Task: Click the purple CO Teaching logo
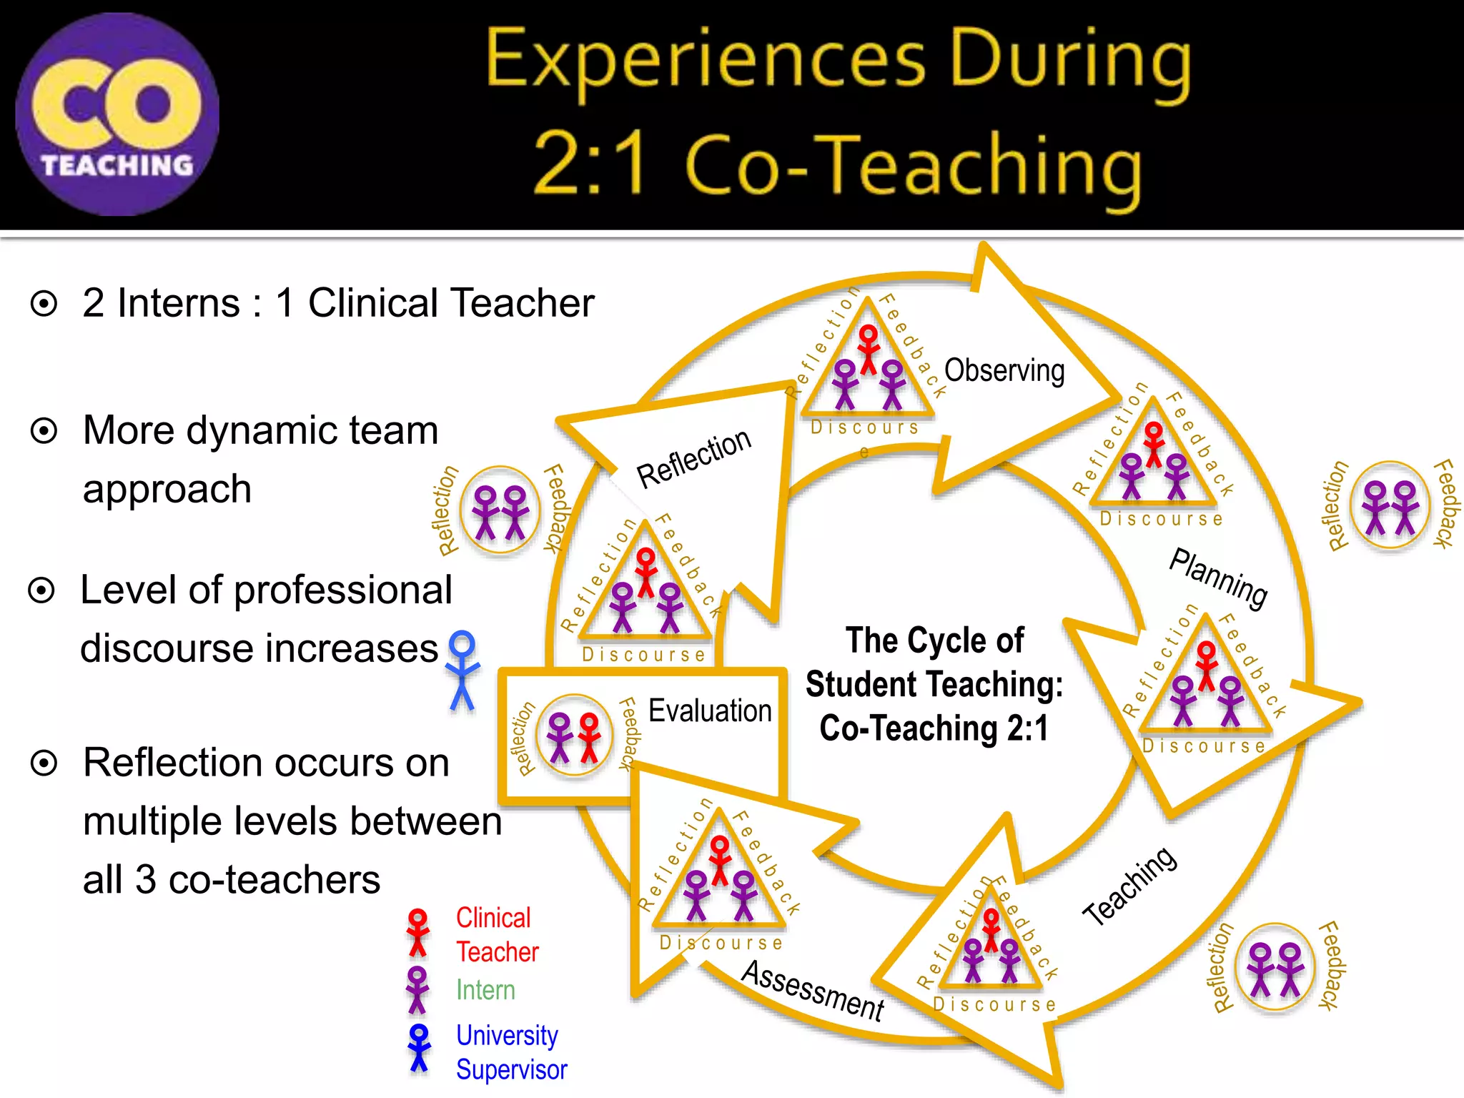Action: (117, 114)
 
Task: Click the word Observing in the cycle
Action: (1004, 371)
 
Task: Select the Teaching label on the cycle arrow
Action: (1129, 886)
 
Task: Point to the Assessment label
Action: (813, 990)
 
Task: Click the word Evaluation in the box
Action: (710, 711)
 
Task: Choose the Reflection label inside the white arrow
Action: (693, 458)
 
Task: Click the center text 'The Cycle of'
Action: (934, 640)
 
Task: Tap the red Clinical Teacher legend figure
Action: (417, 932)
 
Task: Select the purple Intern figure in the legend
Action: (417, 990)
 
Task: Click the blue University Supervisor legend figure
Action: (419, 1048)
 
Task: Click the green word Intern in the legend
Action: (485, 990)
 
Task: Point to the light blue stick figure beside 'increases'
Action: (463, 670)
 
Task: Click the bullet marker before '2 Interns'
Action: (44, 304)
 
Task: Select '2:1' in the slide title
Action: (591, 164)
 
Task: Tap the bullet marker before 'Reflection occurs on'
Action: (44, 763)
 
